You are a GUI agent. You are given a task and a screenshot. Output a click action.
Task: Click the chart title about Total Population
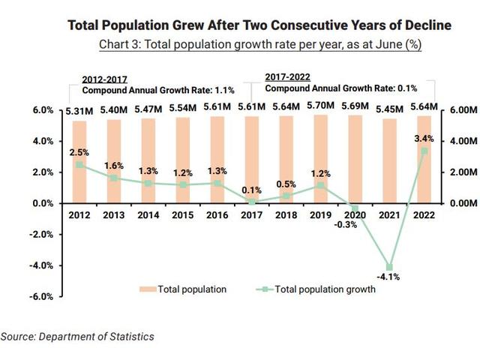(259, 25)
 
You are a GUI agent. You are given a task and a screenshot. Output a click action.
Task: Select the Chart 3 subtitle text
(259, 44)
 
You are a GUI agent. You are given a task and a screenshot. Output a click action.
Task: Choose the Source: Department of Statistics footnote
(78, 337)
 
